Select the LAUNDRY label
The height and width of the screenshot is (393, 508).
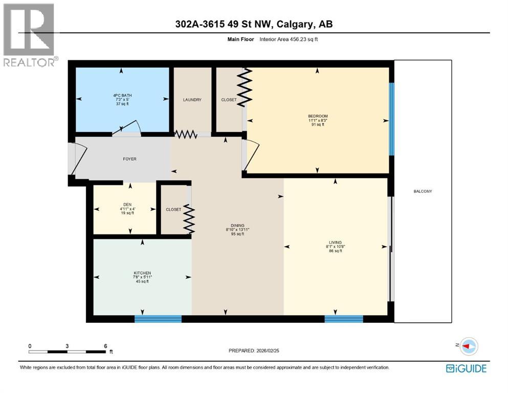point(192,100)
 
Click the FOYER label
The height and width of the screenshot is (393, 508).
point(129,159)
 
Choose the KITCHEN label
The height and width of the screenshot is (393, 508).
point(142,273)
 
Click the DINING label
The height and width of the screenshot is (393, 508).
point(237,225)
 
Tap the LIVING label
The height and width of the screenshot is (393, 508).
point(336,242)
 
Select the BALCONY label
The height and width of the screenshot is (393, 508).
point(423,191)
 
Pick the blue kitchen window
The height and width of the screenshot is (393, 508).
point(158,319)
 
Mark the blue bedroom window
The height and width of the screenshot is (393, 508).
point(391,119)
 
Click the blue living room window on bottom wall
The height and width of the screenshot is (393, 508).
point(344,319)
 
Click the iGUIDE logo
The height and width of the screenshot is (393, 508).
point(466,368)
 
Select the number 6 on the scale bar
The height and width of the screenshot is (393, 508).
point(105,346)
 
